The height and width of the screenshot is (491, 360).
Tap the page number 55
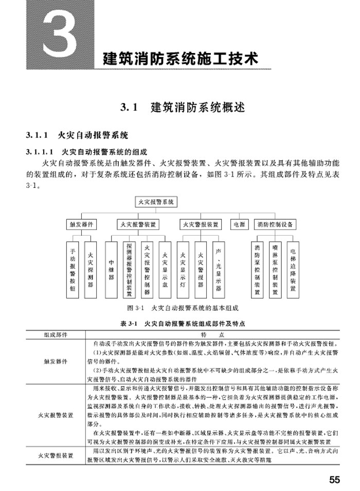pyautogui.click(x=334, y=480)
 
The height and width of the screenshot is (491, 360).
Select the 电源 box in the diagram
pyautogui.click(x=239, y=224)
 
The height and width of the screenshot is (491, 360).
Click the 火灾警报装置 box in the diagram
pyautogui.click(x=200, y=224)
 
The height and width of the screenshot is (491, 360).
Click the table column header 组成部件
pyautogui.click(x=56, y=334)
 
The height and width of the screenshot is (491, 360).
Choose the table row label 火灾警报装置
pyautogui.click(x=56, y=455)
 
